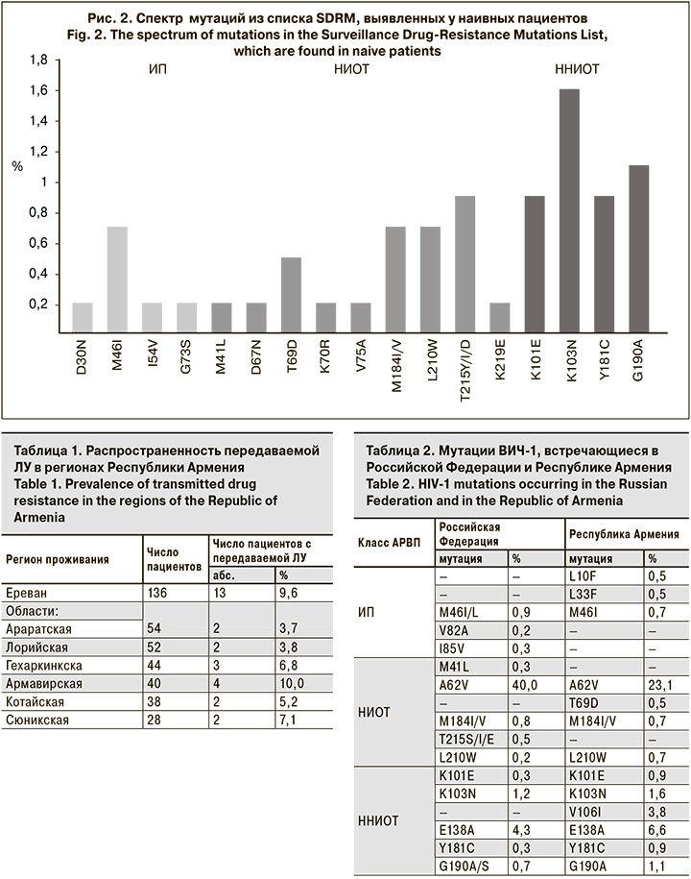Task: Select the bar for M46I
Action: (x=117, y=280)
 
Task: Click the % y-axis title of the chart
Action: (x=16, y=166)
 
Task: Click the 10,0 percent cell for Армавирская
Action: (x=289, y=683)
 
